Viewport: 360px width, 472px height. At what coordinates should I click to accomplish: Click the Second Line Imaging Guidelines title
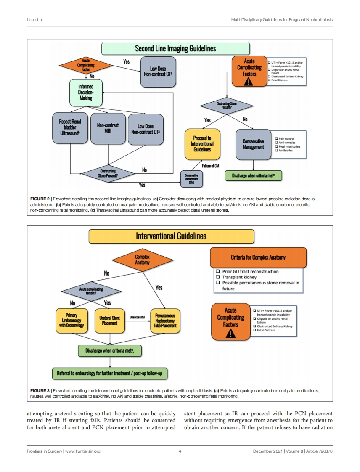(175, 49)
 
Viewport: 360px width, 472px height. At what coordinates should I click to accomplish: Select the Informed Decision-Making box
(86, 93)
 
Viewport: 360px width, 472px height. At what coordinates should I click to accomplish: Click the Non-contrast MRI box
(108, 128)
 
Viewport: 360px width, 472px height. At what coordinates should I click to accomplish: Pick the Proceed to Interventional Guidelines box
(202, 144)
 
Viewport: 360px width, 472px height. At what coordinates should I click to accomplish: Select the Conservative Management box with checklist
(253, 144)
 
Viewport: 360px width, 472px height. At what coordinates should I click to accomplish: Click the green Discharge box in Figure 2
(253, 175)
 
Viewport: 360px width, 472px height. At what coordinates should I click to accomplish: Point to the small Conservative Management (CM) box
(191, 179)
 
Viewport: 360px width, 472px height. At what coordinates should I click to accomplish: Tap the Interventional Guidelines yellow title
(171, 236)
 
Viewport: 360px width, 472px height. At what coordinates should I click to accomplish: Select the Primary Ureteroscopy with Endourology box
(72, 320)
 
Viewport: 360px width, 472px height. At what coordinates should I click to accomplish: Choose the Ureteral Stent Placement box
(109, 320)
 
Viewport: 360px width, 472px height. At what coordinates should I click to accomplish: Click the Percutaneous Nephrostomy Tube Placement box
(164, 320)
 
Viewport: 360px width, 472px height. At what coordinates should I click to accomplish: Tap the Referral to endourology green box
(110, 373)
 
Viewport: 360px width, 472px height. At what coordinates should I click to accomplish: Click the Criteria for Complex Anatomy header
(258, 257)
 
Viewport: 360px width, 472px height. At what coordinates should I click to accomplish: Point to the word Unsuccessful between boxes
(138, 317)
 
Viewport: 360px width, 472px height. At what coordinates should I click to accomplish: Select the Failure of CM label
(211, 166)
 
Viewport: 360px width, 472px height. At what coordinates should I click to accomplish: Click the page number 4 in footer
(180, 451)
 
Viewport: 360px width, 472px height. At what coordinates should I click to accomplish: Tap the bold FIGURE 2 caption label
(40, 198)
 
